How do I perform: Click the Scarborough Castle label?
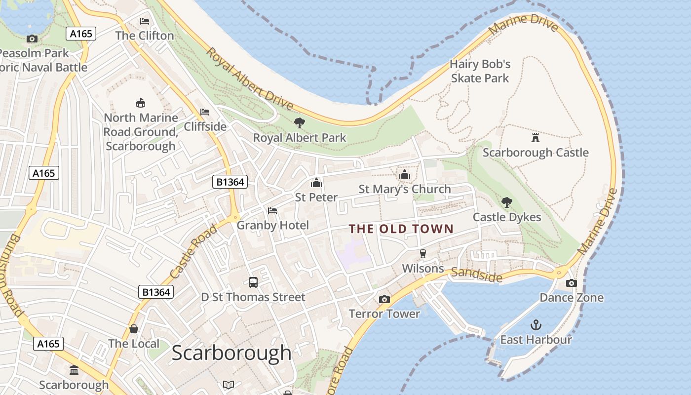point(536,153)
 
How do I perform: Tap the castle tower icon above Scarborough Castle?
point(536,137)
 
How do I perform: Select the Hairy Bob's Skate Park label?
point(480,71)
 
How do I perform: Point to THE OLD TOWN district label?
point(401,229)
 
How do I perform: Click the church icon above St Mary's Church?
point(405,174)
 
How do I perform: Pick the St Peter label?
point(316,197)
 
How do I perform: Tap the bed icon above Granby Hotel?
point(272,211)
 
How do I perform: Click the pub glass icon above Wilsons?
point(423,254)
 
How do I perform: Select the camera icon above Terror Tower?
point(384,299)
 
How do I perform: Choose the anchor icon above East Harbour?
point(536,325)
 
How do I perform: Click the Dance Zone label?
point(572,298)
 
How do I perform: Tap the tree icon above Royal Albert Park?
point(299,123)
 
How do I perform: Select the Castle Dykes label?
point(507,217)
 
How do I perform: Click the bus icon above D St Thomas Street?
point(253,282)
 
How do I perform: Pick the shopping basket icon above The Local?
point(134,329)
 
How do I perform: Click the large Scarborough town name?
point(231,353)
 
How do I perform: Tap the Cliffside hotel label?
point(205,127)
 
